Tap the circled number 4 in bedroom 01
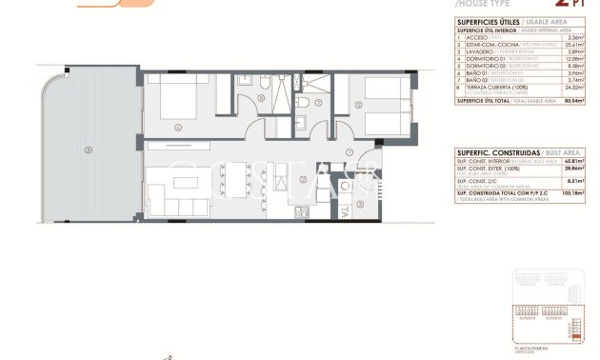coord(176,126)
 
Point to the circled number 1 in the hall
coord(350,152)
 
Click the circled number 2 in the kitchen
coord(302,178)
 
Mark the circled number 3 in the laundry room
coord(360,203)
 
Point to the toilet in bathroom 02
coord(301,106)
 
